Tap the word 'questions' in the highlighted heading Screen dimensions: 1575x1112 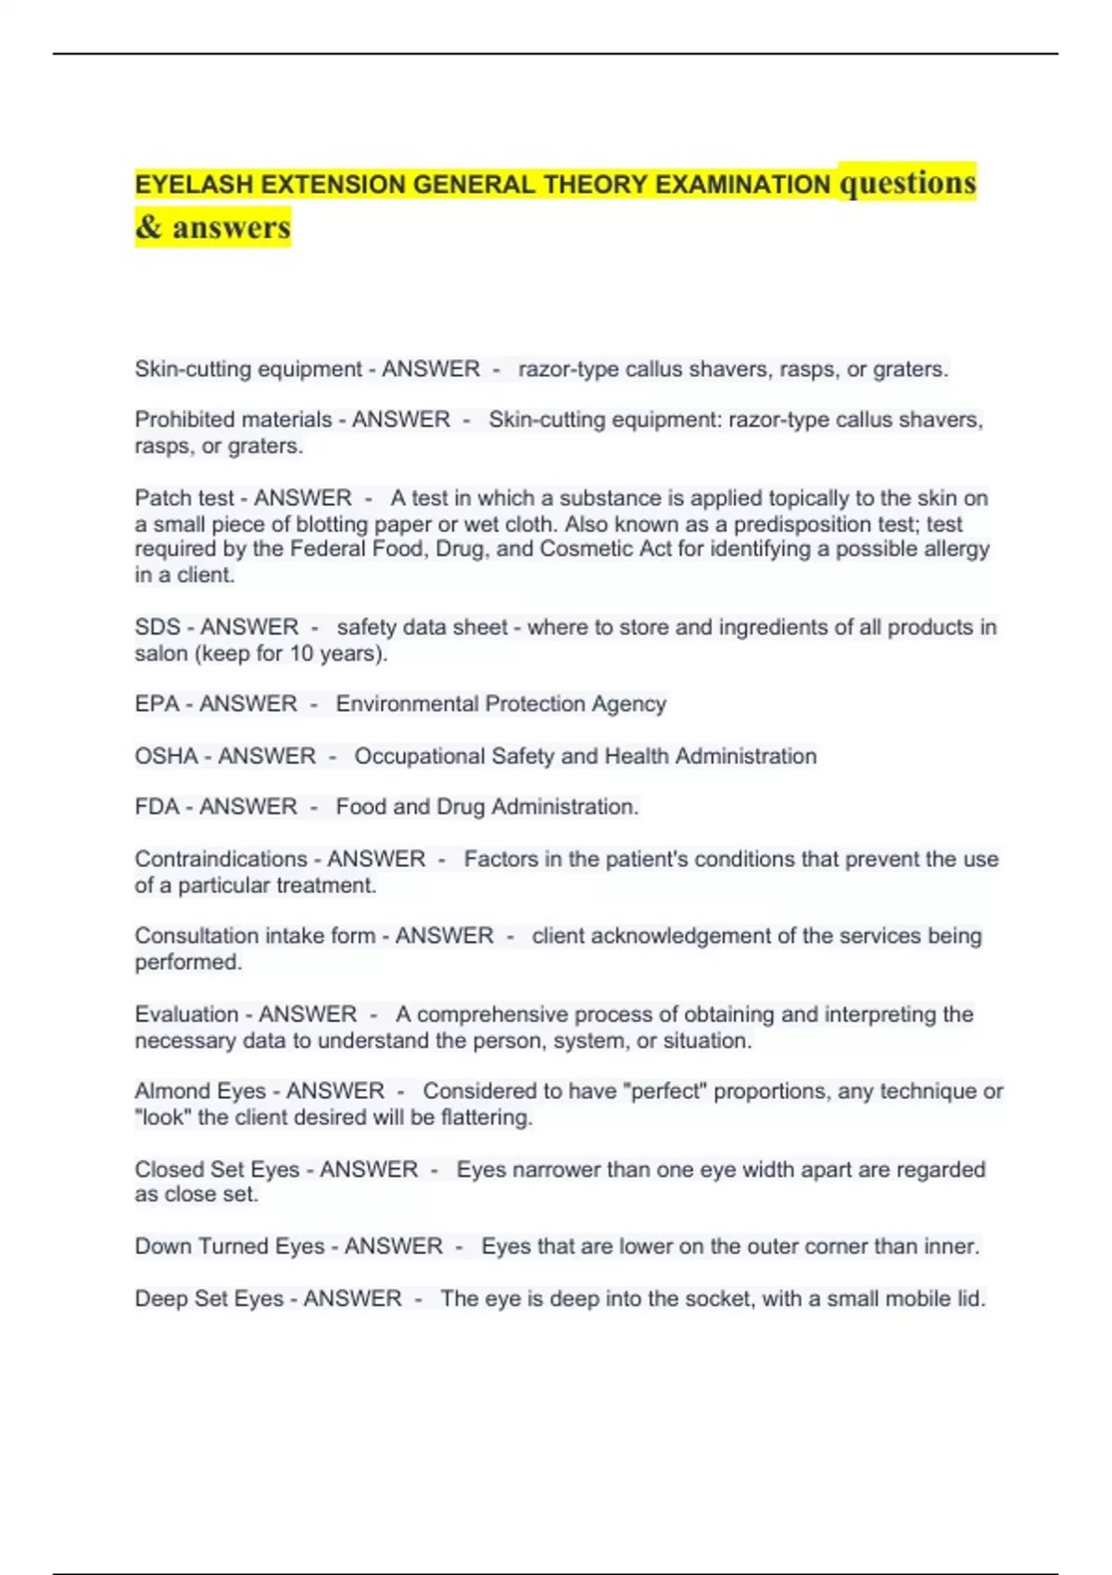[x=907, y=183]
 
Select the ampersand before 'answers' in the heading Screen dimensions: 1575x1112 [x=148, y=228]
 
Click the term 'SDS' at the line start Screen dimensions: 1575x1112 [x=158, y=627]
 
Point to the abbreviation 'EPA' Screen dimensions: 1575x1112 [x=157, y=704]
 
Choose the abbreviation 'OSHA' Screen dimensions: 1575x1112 [x=167, y=756]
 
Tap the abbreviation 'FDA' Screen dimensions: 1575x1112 [x=157, y=807]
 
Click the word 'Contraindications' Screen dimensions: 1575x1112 [x=221, y=859]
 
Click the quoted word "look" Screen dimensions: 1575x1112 [x=163, y=1117]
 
